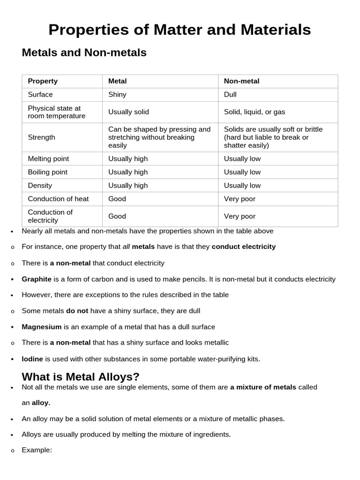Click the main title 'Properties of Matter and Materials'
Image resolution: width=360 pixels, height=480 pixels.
pos(180,30)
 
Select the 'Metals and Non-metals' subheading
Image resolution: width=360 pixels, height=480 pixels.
pos(84,53)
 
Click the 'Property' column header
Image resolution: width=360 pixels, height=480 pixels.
pos(43,81)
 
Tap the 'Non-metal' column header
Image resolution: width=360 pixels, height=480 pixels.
pos(241,81)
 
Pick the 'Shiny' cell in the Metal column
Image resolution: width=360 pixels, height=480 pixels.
pos(117,95)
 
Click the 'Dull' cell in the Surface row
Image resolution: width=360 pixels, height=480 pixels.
pos(230,95)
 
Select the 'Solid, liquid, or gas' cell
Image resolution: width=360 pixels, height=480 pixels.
pos(254,112)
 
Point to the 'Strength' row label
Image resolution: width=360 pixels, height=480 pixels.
pos(41,137)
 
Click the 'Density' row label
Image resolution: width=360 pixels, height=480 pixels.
pos(40,186)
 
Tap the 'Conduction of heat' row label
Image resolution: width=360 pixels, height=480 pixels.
pos(58,199)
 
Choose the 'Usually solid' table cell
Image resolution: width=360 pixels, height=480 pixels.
pos(128,112)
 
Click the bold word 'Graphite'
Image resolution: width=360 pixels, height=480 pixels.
pos(37,279)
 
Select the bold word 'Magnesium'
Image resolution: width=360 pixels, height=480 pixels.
pos(42,327)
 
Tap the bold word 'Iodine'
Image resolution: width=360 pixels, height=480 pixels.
pos(32,359)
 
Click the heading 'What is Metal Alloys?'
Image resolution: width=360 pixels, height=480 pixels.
pos(81,377)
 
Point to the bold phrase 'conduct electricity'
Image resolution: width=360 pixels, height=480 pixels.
pos(243,247)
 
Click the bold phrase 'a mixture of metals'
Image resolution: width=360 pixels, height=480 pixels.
pos(263,387)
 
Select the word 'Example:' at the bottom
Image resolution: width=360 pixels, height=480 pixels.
pos(37,450)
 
